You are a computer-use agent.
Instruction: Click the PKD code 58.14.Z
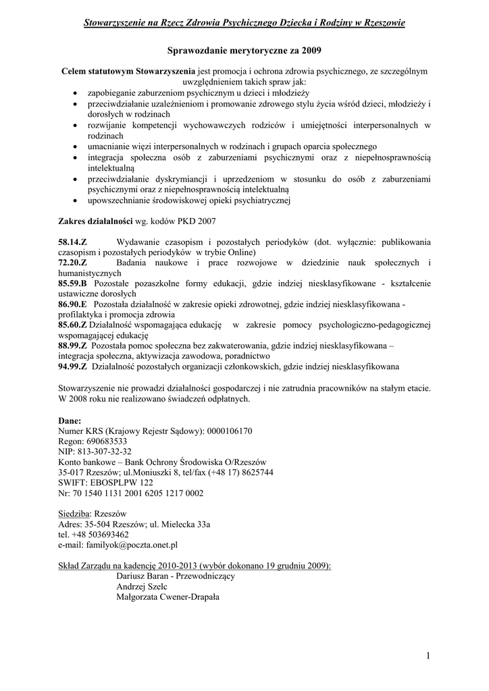(x=73, y=242)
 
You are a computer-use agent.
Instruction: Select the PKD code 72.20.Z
(x=73, y=262)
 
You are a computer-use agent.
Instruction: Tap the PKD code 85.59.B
(x=73, y=283)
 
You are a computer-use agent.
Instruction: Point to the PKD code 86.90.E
(x=73, y=304)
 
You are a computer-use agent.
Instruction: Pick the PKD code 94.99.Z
(x=73, y=366)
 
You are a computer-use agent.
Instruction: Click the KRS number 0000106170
(x=229, y=431)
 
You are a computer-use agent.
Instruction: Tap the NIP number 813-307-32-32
(x=104, y=451)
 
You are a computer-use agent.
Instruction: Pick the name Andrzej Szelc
(x=141, y=586)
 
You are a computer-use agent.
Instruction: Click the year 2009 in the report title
(x=310, y=51)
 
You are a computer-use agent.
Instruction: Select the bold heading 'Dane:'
(x=70, y=420)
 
